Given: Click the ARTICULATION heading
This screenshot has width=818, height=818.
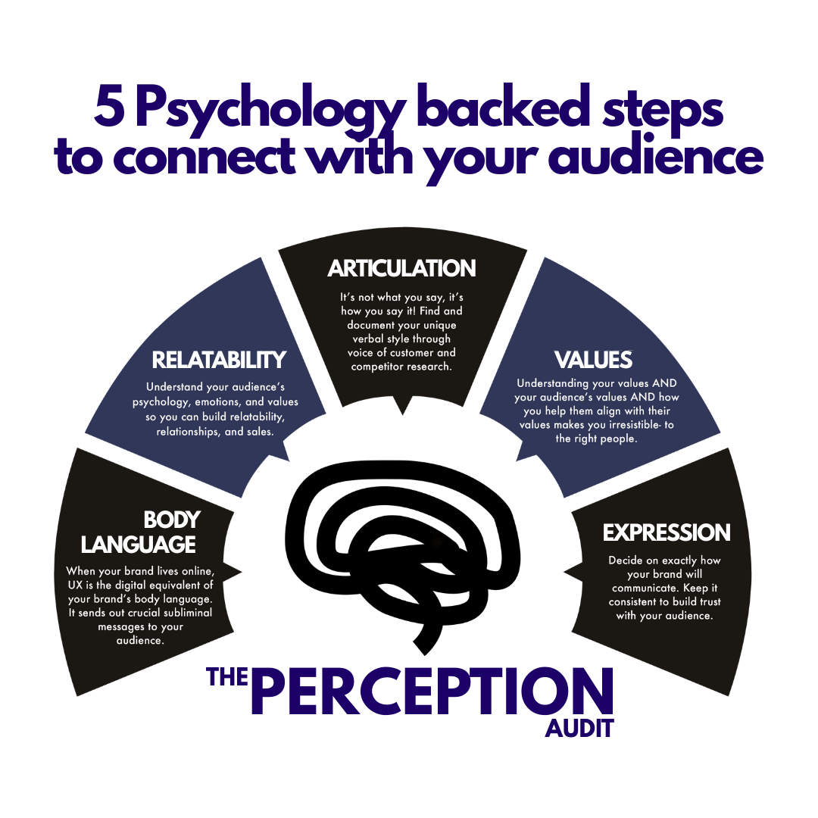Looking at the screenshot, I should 401,268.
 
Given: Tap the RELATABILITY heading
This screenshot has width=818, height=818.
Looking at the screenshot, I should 219,359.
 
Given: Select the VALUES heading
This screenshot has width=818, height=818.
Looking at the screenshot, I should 593,359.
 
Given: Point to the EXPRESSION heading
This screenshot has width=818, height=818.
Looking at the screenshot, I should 667,532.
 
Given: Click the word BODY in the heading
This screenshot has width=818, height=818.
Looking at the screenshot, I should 172,520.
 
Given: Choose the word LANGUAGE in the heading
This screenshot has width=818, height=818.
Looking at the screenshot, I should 139,545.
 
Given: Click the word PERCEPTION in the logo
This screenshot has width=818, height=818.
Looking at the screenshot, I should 431,692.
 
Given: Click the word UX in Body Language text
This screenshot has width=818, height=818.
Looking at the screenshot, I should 75,585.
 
